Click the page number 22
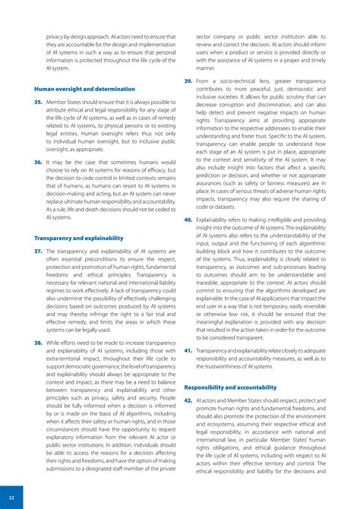click(11, 498)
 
